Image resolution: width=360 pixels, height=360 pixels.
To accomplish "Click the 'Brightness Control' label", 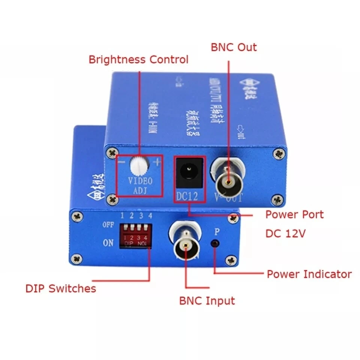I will point(138,59).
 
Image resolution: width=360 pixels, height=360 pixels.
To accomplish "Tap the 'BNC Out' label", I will point(234,47).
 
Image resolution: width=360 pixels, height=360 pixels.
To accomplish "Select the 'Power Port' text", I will point(294,214).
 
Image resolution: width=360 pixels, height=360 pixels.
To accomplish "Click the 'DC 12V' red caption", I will point(286,233).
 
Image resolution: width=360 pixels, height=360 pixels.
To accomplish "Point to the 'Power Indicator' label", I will point(309,274).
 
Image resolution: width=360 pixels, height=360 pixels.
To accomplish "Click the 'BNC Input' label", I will point(207,300).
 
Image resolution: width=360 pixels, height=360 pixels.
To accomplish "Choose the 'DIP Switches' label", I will point(61,288).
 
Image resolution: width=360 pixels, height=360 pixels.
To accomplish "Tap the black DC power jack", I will point(189,173).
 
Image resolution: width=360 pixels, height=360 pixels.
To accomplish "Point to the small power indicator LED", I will point(215,243).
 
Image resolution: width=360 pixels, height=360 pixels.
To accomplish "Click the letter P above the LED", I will point(216,231).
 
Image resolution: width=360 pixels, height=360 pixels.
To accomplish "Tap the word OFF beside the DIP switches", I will point(108,225).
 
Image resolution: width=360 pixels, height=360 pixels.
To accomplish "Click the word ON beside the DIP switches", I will point(108,243).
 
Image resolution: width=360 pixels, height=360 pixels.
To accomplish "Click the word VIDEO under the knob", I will point(140,181).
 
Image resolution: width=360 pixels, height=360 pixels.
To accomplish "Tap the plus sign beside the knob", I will point(156,162).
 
